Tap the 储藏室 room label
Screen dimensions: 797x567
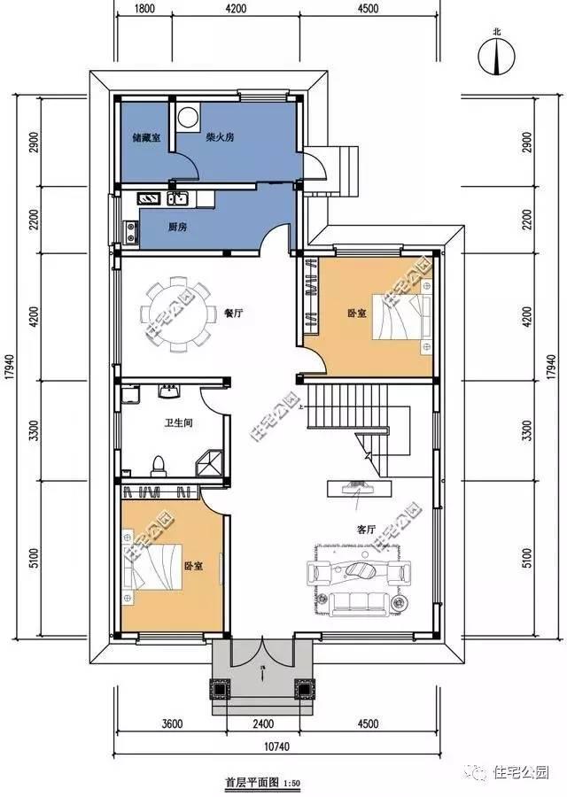coord(145,138)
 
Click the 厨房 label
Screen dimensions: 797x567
coord(177,227)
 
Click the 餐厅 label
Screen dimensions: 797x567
coord(234,313)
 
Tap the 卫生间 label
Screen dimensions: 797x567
coord(179,423)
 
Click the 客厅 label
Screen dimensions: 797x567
coord(364,529)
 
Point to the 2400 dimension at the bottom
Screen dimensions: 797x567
coord(262,723)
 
